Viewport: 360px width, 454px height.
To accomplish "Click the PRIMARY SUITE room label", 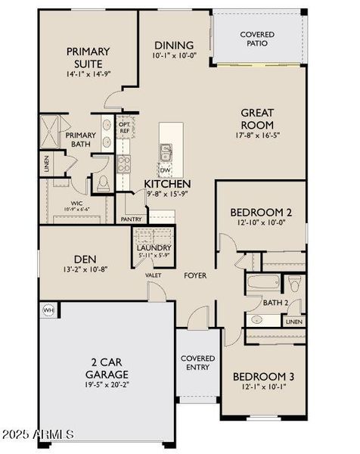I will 88,58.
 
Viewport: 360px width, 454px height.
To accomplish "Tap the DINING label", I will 174,45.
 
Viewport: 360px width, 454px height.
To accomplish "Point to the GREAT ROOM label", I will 257,119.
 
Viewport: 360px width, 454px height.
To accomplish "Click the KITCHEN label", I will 167,184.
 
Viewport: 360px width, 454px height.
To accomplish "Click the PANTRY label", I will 132,219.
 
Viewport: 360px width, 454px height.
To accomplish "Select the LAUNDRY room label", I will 154,247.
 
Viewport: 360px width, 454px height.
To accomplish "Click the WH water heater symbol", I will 49,309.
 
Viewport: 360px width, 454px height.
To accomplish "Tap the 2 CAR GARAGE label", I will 106,368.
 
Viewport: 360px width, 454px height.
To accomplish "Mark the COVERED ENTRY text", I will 198,362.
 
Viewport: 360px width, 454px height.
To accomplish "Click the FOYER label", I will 195,275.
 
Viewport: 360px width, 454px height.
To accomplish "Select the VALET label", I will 154,275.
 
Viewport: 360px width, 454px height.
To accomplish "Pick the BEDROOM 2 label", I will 261,212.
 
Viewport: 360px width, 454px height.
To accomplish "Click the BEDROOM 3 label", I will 263,376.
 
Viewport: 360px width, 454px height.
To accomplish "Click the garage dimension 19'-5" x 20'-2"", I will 106,384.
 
